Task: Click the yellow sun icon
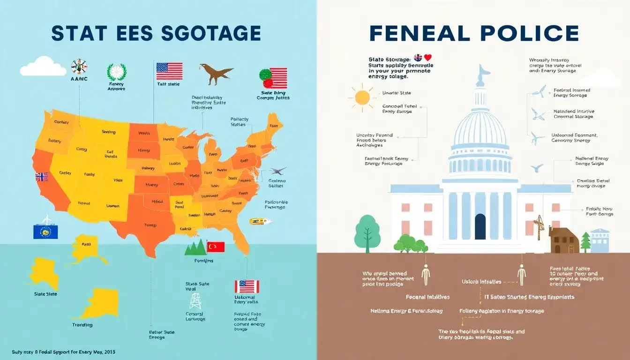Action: (362, 97)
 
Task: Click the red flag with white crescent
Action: (216, 247)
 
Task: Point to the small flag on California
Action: (42, 177)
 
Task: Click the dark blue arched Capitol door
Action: (480, 227)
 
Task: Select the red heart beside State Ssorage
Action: (427, 58)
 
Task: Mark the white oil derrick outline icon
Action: (195, 301)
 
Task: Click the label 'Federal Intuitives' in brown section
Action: (427, 297)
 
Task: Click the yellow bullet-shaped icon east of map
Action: (258, 220)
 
